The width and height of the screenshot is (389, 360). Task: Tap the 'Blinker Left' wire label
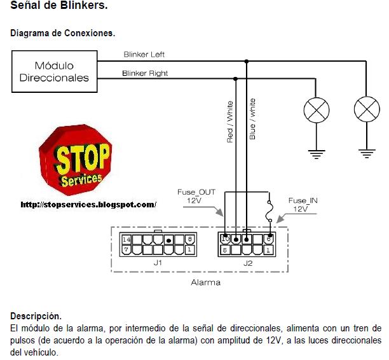click(x=144, y=55)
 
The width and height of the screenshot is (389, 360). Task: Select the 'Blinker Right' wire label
click(x=146, y=74)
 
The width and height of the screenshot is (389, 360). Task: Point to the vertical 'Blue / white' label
click(x=252, y=120)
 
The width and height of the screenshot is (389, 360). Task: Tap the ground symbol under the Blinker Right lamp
click(x=316, y=152)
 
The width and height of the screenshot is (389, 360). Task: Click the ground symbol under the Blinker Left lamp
click(x=365, y=152)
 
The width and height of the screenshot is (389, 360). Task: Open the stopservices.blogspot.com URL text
click(x=88, y=205)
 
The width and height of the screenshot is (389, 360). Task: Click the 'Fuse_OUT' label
click(x=194, y=191)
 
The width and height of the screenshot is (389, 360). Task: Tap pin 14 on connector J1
click(x=126, y=240)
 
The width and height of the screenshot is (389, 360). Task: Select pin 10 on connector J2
click(x=225, y=240)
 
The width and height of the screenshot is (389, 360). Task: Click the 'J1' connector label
click(x=158, y=261)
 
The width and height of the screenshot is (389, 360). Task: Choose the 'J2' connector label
click(x=247, y=261)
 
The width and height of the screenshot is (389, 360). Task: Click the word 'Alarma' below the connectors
click(x=205, y=282)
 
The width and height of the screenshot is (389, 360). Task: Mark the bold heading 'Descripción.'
click(x=36, y=315)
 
